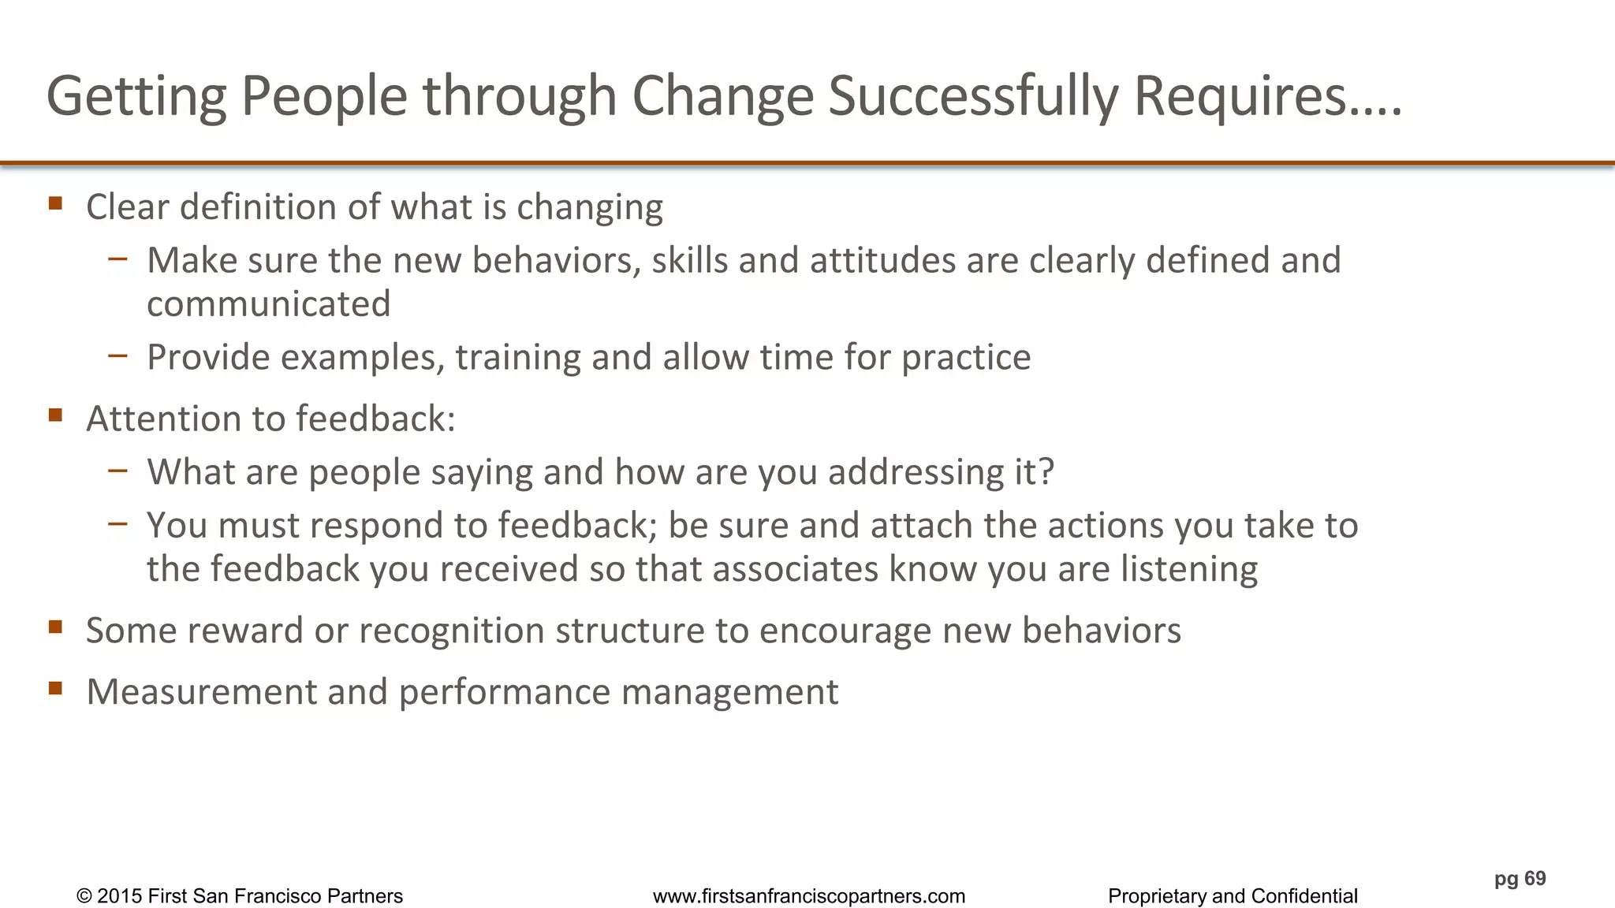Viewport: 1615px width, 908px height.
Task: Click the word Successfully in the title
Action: click(x=973, y=96)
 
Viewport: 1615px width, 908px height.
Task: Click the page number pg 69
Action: click(x=1520, y=879)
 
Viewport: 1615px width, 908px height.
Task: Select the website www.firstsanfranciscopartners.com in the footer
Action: click(x=808, y=896)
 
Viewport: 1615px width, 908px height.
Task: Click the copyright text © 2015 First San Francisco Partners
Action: click(x=240, y=896)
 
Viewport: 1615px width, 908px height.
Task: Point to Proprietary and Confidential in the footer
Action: click(x=1233, y=896)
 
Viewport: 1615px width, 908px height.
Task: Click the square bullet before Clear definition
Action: click(x=55, y=203)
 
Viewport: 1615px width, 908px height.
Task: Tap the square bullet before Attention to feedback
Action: click(x=55, y=415)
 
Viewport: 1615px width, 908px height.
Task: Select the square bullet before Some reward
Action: click(x=55, y=627)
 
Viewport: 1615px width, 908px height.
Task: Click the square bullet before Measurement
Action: click(x=55, y=688)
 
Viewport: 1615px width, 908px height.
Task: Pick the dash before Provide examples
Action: click(x=118, y=355)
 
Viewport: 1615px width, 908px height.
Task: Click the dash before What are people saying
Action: click(x=118, y=470)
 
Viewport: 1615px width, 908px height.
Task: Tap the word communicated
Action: click(x=269, y=304)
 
